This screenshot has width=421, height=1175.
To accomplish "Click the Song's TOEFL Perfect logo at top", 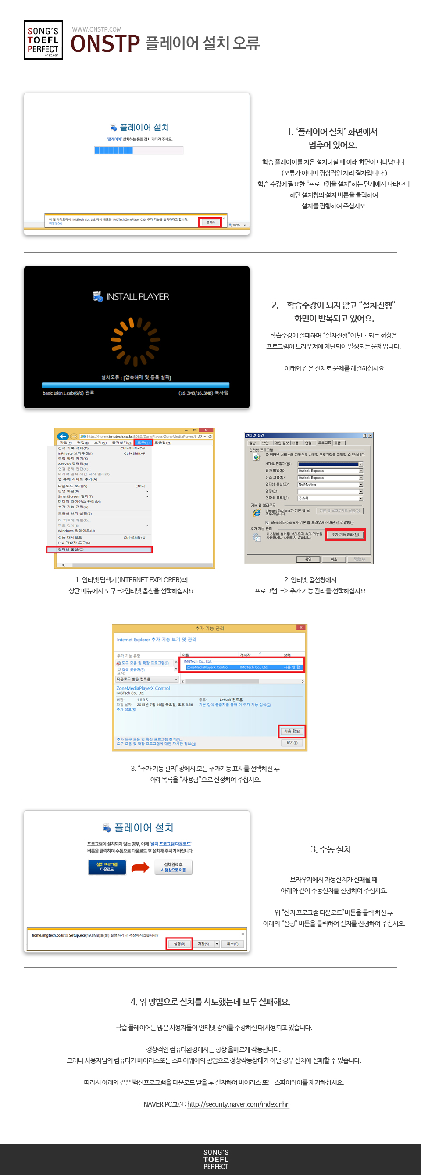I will [x=43, y=40].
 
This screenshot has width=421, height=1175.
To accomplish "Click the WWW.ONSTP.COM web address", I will [x=96, y=30].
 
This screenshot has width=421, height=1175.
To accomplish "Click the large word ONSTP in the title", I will [x=105, y=44].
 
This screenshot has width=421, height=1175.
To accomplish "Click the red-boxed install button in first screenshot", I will [x=210, y=222].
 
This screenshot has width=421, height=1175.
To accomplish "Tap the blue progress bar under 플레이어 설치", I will [x=114, y=150].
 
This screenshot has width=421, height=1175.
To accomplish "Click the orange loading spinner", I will [x=136, y=341].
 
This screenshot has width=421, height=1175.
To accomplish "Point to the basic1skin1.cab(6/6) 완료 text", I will [x=68, y=393].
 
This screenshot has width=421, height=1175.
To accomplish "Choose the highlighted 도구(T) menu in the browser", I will [x=143, y=442].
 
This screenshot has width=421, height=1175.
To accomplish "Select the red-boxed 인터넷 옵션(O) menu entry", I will [x=99, y=550].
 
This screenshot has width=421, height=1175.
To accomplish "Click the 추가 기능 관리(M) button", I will [x=345, y=535].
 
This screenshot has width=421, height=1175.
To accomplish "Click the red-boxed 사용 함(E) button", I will [x=292, y=731].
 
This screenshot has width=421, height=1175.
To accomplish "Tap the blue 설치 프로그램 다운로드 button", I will [x=107, y=867].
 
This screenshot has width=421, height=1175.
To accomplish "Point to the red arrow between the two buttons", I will [x=140, y=868].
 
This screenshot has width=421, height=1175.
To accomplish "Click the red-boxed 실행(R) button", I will [x=179, y=944].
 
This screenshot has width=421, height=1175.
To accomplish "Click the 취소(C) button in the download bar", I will [x=232, y=944].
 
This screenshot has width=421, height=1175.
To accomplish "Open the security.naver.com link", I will [x=238, y=1104].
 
